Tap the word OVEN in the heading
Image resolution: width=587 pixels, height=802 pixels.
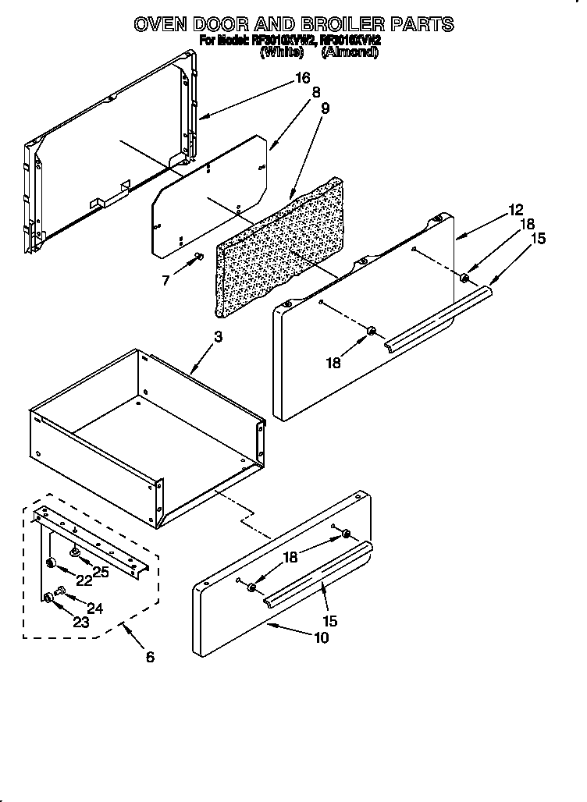pyautogui.click(x=162, y=24)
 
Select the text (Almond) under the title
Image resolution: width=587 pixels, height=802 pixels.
pyautogui.click(x=350, y=52)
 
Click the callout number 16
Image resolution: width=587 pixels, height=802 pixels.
pyautogui.click(x=302, y=78)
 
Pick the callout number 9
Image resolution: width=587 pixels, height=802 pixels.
pyautogui.click(x=325, y=108)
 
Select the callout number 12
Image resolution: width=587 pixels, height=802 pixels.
pyautogui.click(x=515, y=209)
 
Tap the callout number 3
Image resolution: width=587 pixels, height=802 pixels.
pyautogui.click(x=218, y=337)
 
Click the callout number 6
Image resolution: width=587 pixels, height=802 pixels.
pyautogui.click(x=150, y=656)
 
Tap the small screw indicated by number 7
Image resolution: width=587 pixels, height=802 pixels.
pyautogui.click(x=198, y=257)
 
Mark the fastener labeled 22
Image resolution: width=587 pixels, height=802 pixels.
pyautogui.click(x=51, y=563)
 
